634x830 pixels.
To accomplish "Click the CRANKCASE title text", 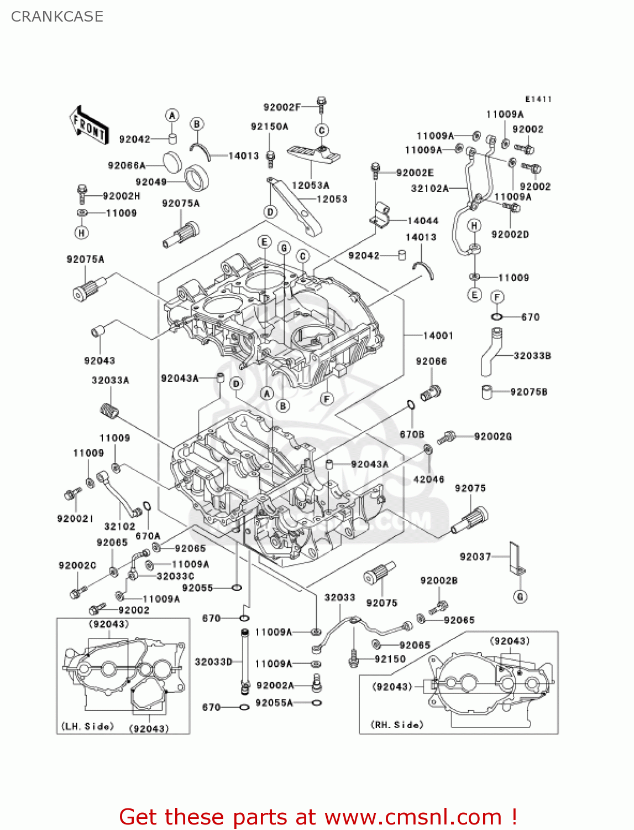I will coord(57,17).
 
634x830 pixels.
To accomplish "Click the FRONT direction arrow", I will coord(88,126).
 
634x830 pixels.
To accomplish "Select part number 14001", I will coord(438,335).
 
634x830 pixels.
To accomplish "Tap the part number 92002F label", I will coord(282,107).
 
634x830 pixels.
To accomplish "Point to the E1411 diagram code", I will coord(538,99).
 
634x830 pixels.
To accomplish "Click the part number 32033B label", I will coord(532,356).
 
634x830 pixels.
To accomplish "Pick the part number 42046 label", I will coord(428,479).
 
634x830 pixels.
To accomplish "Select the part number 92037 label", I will coord(475,557).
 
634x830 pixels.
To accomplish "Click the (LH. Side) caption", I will coord(87,726).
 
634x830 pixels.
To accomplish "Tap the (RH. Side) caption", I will coord(397,724).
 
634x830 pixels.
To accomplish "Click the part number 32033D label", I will coord(213,662).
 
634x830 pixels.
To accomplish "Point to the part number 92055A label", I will coord(274,703).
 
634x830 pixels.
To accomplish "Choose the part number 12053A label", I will coord(310,185).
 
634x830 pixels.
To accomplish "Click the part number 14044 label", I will coord(422,221).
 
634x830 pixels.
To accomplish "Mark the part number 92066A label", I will coord(127,165).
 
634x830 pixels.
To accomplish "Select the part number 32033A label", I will coord(110,380).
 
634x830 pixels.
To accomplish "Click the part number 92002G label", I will coord(492,437).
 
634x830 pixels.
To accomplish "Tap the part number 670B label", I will coord(412,434).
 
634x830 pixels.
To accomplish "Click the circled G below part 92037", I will coord(520,596).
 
